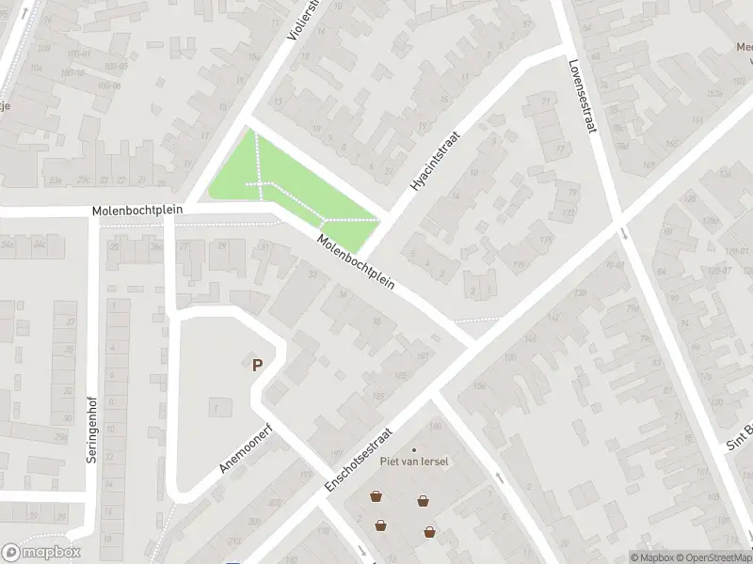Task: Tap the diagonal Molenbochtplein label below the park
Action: click(x=356, y=261)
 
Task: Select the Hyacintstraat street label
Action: click(x=433, y=162)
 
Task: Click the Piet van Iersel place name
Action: click(x=413, y=461)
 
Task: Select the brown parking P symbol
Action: click(x=256, y=365)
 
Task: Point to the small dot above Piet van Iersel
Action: click(x=413, y=449)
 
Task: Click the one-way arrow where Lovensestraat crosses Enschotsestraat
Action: click(x=624, y=234)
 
